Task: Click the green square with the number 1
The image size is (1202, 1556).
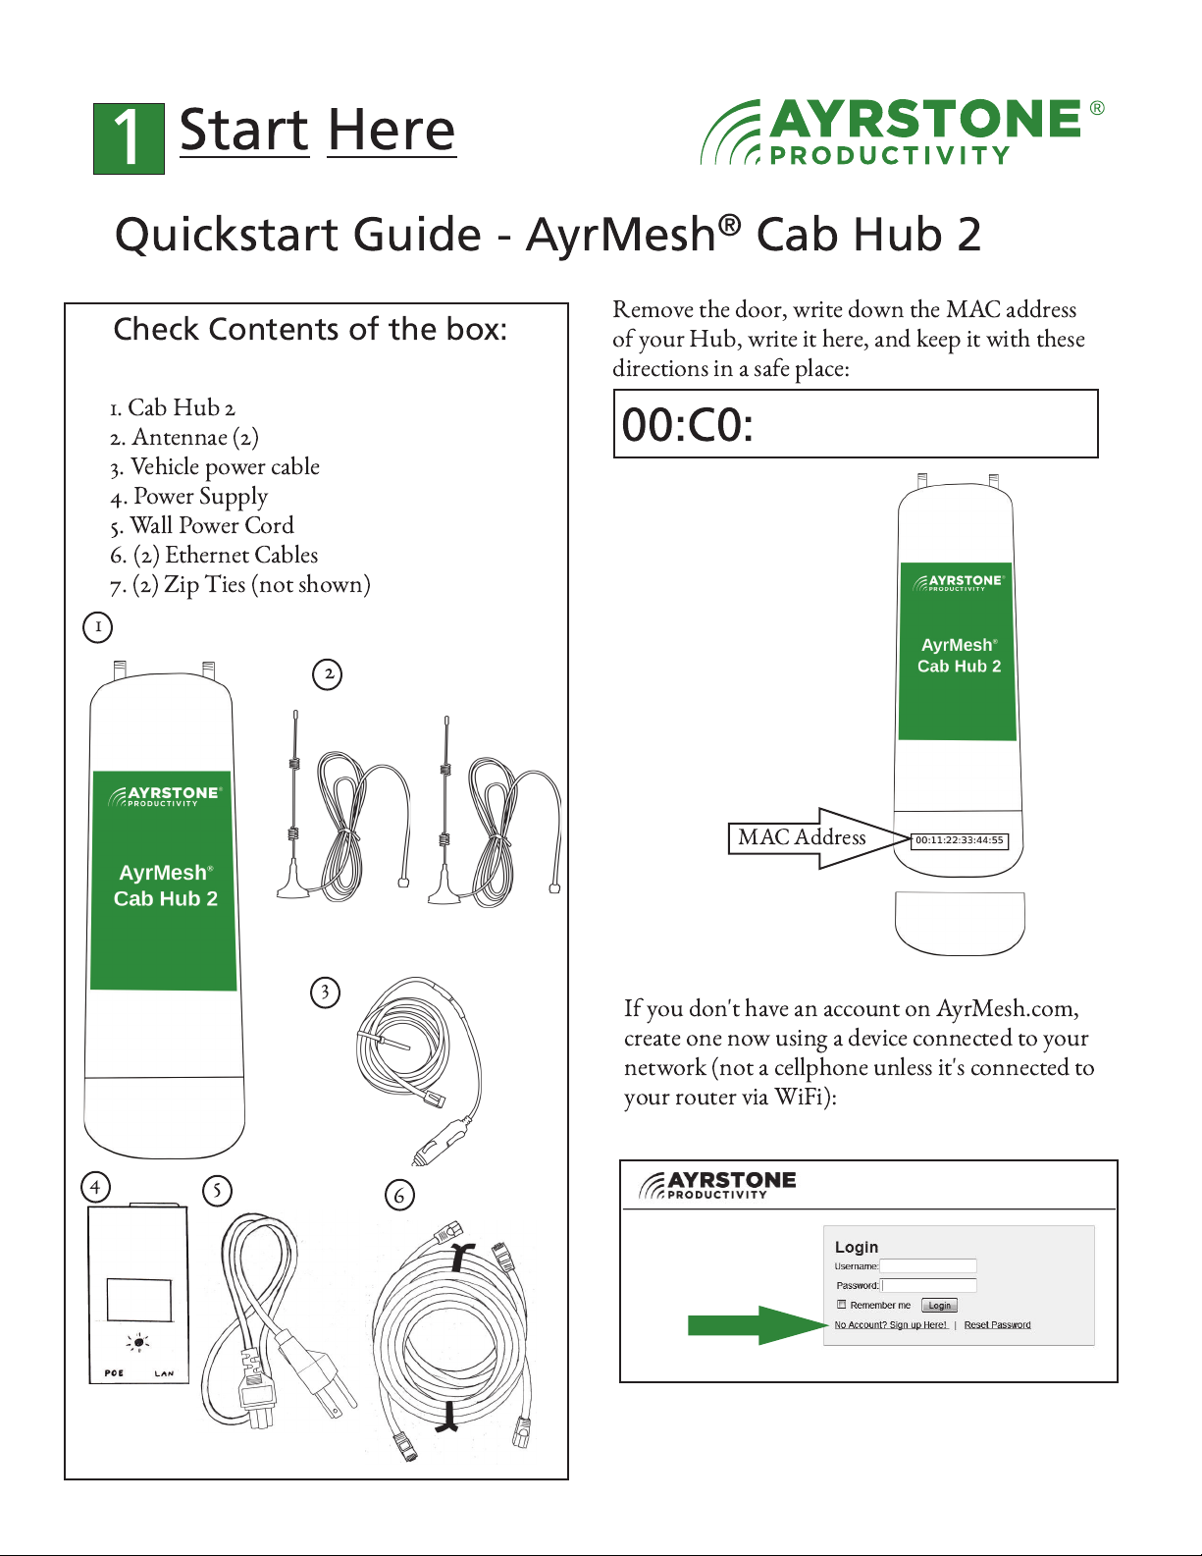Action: (x=129, y=139)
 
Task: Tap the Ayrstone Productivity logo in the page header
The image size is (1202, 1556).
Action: (x=902, y=133)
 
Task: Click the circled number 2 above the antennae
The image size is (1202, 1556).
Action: (x=328, y=674)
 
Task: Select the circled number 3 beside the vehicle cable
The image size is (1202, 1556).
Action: (x=325, y=993)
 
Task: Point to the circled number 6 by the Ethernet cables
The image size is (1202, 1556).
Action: (x=399, y=1195)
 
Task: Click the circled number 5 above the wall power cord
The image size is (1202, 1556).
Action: (x=218, y=1191)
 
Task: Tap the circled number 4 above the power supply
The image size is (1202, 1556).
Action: (x=96, y=1187)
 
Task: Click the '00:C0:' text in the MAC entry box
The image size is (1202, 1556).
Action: (x=687, y=425)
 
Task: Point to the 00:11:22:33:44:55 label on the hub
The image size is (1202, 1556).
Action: (x=960, y=840)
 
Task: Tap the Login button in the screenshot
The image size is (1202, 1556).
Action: (x=939, y=1306)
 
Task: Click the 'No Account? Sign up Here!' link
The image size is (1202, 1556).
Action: (x=891, y=1324)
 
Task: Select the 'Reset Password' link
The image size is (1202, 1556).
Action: (x=997, y=1324)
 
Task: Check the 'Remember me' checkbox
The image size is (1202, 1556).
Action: (x=842, y=1305)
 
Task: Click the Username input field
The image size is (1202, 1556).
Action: (x=928, y=1266)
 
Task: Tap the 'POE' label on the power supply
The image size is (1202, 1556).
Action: (x=114, y=1372)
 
